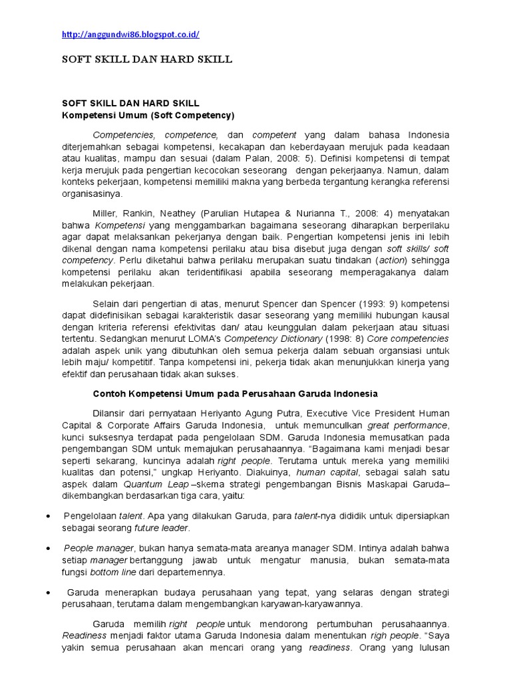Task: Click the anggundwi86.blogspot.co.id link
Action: (x=130, y=34)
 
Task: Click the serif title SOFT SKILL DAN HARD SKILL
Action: (x=147, y=60)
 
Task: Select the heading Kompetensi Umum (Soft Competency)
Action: (x=148, y=115)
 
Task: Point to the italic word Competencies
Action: (x=123, y=134)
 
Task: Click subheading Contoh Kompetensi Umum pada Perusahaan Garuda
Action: (x=235, y=394)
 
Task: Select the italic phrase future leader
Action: (x=162, y=528)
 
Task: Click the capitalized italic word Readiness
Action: (x=84, y=636)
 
